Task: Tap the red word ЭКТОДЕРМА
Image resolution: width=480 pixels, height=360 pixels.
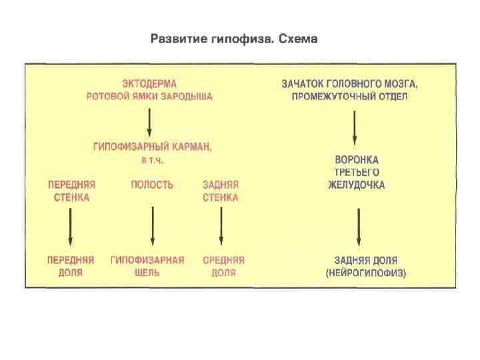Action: coord(149,84)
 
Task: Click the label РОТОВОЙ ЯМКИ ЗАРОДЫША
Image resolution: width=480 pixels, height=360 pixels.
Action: coord(149,96)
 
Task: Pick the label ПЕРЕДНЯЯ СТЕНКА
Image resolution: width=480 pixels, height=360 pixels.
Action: coord(71,191)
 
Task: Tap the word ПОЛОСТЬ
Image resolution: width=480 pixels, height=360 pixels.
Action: coord(152,185)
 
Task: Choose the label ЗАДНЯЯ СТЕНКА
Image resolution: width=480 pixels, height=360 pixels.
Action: coord(221,191)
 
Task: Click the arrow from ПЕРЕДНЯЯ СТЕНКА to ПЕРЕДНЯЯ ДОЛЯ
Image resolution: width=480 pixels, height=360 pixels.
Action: coord(71,227)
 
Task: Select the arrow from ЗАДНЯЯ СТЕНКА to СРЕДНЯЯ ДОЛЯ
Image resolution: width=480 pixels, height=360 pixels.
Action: coord(221,227)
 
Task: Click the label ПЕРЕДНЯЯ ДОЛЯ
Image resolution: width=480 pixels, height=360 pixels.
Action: coord(71,267)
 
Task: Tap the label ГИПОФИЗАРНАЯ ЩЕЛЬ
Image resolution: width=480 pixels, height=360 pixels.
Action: coord(147,267)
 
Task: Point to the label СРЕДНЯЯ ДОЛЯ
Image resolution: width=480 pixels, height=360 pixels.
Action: coord(224,267)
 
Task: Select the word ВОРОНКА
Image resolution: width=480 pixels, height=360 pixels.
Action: coord(357,160)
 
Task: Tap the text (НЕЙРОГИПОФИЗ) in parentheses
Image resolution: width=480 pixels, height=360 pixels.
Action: coord(365,273)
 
